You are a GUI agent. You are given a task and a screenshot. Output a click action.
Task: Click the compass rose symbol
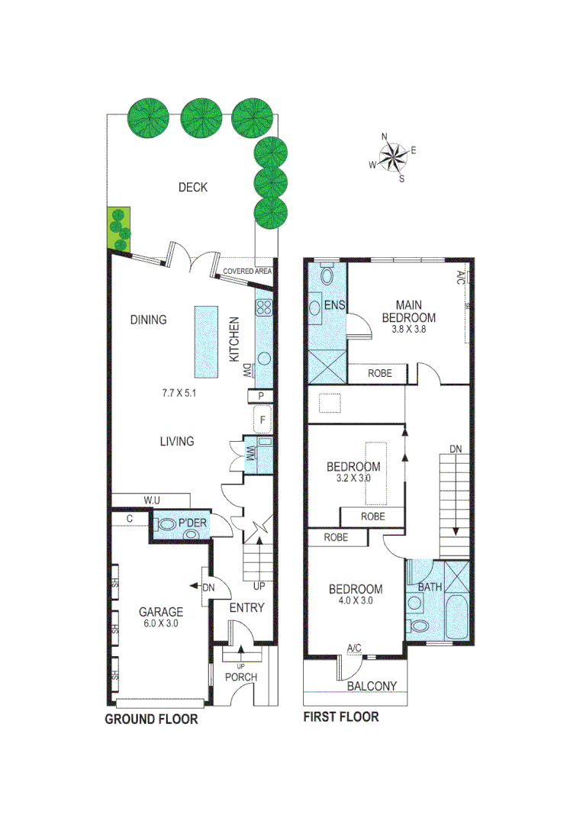click(394, 157)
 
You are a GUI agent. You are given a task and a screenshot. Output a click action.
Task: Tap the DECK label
click(192, 188)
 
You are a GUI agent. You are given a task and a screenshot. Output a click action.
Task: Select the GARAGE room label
click(160, 612)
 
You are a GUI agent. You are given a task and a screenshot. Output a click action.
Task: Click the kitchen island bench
click(205, 341)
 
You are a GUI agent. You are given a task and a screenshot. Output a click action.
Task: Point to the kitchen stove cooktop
click(264, 308)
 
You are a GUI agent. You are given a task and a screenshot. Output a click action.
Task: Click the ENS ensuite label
click(335, 306)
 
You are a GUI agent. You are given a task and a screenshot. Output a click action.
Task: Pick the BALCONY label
click(372, 686)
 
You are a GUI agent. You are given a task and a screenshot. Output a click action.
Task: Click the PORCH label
click(241, 677)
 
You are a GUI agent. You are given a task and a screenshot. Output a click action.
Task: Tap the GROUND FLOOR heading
click(151, 719)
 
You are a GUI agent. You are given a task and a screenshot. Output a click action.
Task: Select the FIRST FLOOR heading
click(340, 717)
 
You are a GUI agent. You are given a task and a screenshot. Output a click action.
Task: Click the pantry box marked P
click(262, 395)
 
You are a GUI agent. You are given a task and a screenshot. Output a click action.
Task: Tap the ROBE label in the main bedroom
click(380, 374)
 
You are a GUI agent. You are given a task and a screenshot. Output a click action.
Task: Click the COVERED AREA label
click(247, 271)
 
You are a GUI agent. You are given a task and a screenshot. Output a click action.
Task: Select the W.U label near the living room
click(151, 501)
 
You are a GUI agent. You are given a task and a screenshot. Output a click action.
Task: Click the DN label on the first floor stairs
click(455, 449)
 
